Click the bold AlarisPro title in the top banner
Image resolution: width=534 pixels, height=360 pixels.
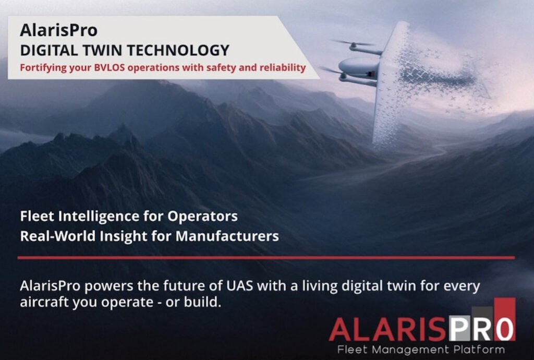tap(58, 30)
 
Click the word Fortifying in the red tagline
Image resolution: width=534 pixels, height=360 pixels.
tap(42, 68)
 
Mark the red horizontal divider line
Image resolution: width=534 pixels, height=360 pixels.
tap(266, 258)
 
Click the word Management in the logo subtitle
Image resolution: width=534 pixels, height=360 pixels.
tap(411, 349)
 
